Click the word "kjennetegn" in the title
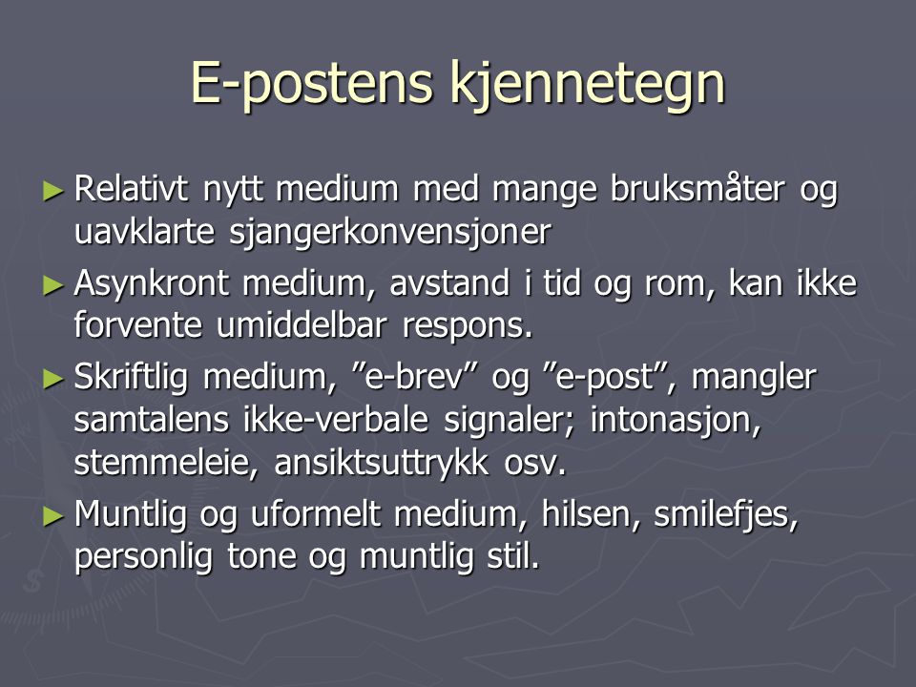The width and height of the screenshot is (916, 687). pos(588,85)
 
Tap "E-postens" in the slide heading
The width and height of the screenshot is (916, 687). pos(311,84)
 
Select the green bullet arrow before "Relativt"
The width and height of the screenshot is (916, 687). pos(53,191)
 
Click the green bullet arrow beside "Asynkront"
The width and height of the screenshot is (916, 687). pos(53,285)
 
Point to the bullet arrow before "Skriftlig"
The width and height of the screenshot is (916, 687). pos(53,380)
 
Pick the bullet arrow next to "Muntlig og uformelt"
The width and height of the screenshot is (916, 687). pos(53,516)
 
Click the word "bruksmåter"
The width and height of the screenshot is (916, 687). pos(697,189)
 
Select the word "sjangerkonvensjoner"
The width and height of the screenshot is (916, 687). pos(389,233)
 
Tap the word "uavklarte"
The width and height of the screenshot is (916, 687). pos(144,231)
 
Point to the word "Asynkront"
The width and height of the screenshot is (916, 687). pos(152,284)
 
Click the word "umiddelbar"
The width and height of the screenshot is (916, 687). pos(302,324)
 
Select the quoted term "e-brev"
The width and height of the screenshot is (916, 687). pos(417,377)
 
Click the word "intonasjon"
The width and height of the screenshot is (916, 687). pos(676,421)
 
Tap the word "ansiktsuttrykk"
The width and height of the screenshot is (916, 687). pos(382,464)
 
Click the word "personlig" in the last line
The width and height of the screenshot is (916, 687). pos(143,557)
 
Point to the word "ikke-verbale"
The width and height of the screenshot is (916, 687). pos(336,420)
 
